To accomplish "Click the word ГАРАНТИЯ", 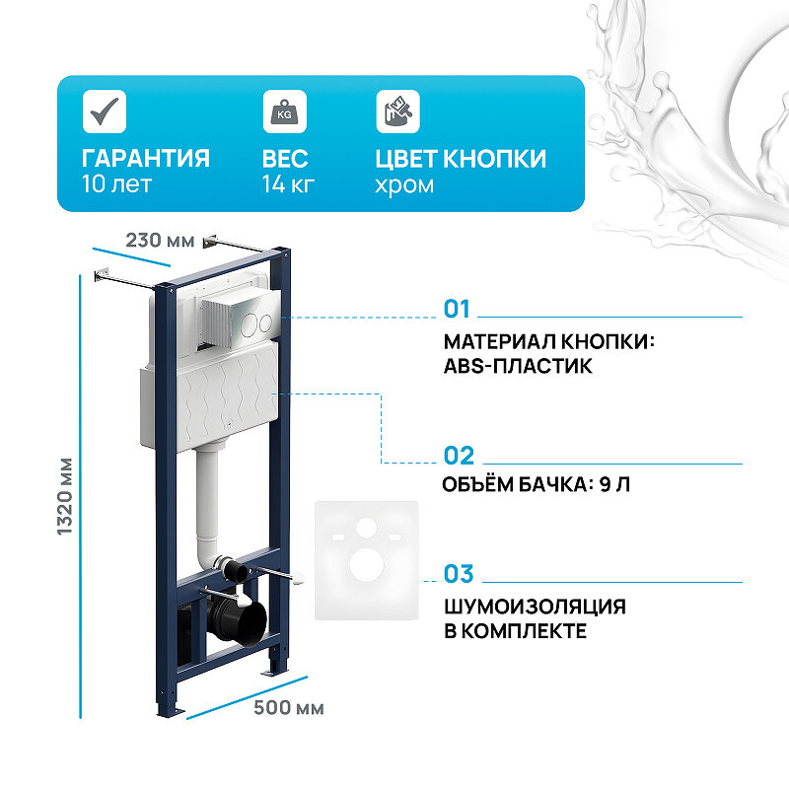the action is [145, 159].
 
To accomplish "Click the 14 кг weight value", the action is [289, 184].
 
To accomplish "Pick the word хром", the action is [404, 184].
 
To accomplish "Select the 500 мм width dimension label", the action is [289, 708].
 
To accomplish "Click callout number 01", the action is [458, 310].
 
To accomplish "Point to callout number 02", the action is [459, 456].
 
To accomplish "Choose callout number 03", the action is [459, 574].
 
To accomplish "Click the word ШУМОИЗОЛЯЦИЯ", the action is [535, 607].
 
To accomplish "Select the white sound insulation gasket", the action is [366, 560].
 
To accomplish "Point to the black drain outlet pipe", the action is [238, 618].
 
